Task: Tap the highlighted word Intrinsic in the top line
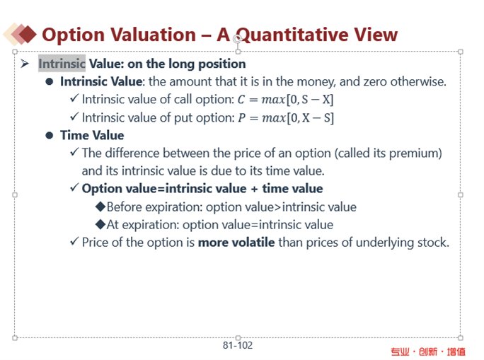click(62, 64)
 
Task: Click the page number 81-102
click(238, 345)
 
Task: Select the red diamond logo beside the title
click(28, 34)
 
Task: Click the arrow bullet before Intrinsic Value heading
click(25, 64)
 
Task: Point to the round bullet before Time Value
click(50, 135)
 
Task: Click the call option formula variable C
click(241, 100)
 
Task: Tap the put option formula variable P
click(242, 118)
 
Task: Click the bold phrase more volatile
click(236, 243)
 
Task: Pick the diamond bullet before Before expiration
click(100, 207)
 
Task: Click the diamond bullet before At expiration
click(100, 225)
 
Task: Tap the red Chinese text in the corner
click(428, 352)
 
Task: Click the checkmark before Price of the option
click(74, 241)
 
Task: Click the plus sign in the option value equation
click(254, 189)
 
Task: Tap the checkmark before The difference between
click(74, 151)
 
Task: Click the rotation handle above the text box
click(237, 40)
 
